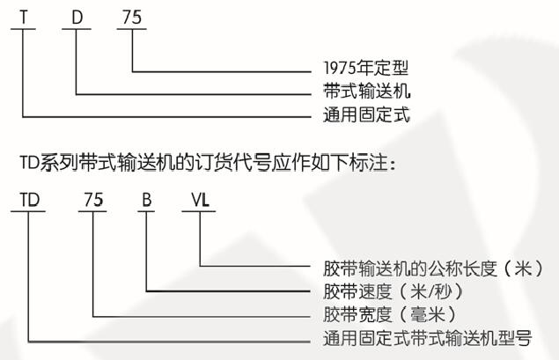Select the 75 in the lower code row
tap(92, 199)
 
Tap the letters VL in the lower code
tap(201, 199)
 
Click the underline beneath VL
tap(201, 211)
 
